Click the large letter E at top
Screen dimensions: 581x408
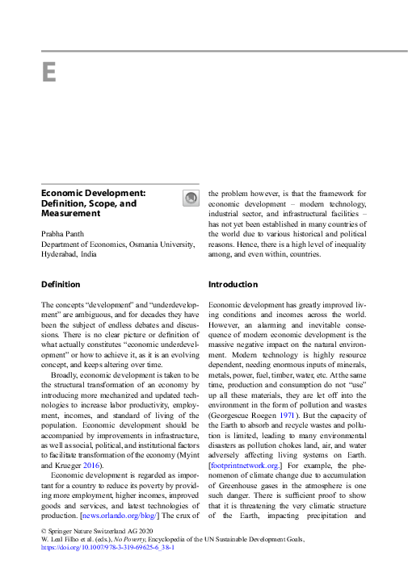point(48,73)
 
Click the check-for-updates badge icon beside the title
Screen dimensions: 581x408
point(190,199)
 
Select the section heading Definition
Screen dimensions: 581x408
point(61,284)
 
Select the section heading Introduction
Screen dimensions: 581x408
point(233,284)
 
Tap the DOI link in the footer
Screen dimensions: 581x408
point(107,546)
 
